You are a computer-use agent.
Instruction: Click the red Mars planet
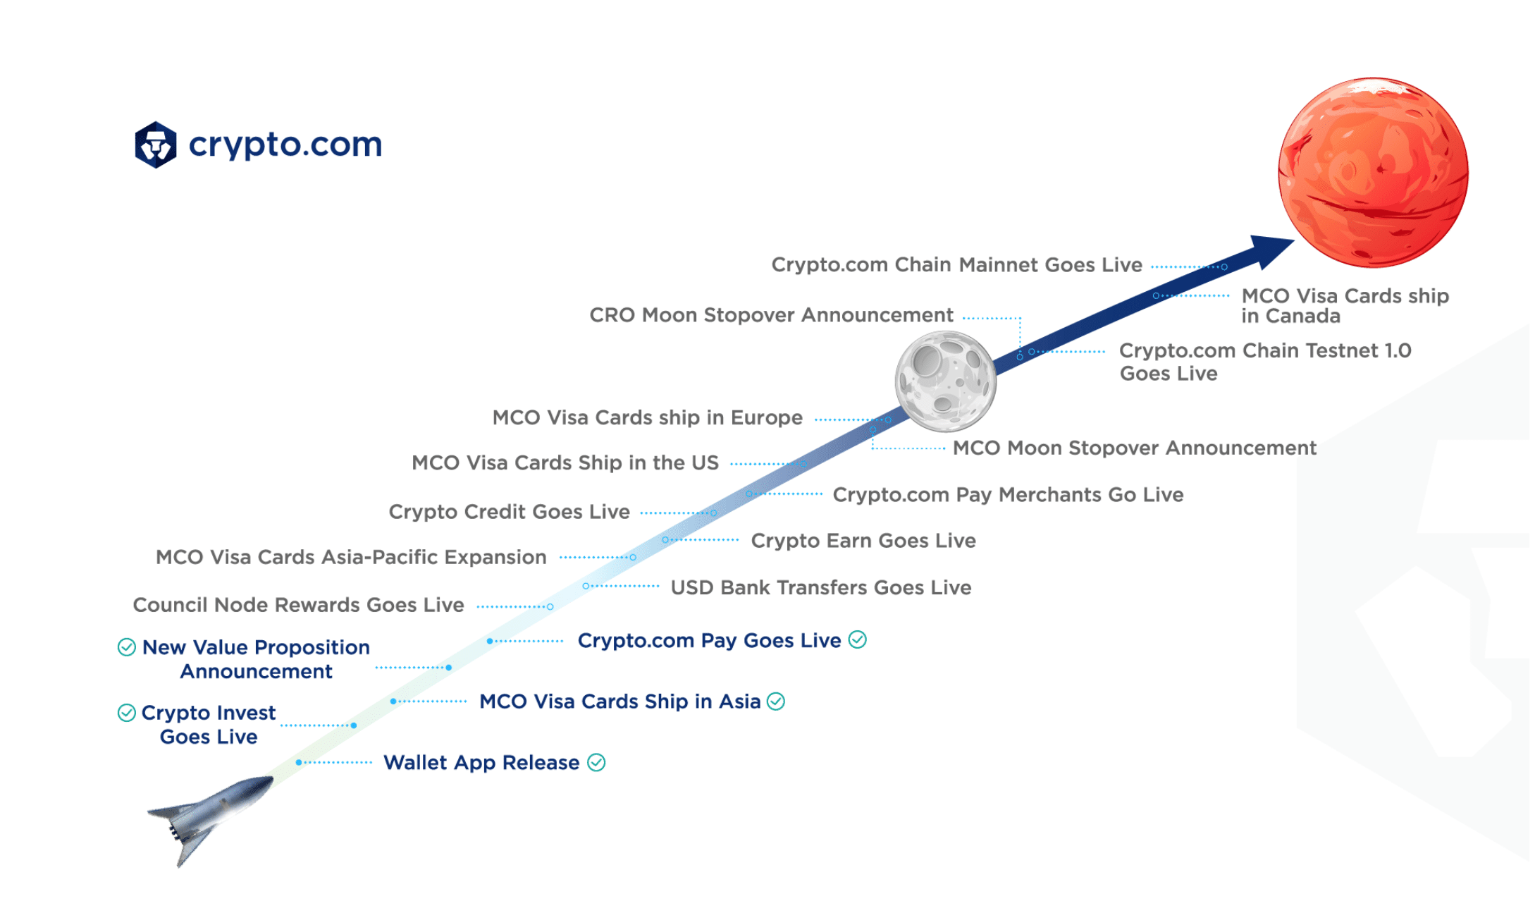(1373, 173)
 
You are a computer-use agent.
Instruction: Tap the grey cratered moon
(946, 381)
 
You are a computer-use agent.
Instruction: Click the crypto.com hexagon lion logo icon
(156, 145)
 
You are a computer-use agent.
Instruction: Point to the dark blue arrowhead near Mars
(1269, 250)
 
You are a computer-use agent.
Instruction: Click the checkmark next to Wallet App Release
(596, 763)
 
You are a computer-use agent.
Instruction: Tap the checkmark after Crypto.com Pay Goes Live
(857, 639)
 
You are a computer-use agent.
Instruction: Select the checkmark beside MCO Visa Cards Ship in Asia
(776, 701)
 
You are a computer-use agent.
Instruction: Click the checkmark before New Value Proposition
(127, 647)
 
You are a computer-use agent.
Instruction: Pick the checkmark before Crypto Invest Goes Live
(127, 713)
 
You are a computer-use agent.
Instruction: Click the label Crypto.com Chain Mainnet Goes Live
(956, 265)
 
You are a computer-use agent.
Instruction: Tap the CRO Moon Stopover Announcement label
(771, 315)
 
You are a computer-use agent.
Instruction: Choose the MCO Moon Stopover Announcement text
(1135, 448)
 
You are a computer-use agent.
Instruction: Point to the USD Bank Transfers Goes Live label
(821, 588)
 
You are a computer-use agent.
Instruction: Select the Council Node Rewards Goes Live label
(299, 606)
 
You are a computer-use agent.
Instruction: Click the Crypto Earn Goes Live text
(863, 541)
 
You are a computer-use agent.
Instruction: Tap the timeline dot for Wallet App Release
(299, 762)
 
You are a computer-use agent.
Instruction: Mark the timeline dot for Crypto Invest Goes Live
(354, 725)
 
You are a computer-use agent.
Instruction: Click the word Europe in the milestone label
(767, 418)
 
